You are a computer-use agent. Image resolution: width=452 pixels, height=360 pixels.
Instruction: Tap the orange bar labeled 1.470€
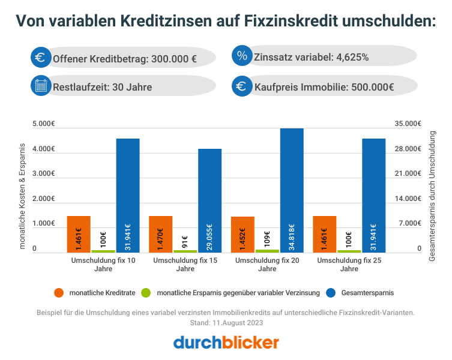pyautogui.click(x=160, y=234)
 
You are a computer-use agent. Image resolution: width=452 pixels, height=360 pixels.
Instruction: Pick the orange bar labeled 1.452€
pyautogui.click(x=243, y=235)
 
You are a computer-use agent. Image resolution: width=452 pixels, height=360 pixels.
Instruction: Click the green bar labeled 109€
pyautogui.click(x=267, y=251)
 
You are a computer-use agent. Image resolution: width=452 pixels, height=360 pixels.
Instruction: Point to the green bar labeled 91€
pyautogui.click(x=185, y=251)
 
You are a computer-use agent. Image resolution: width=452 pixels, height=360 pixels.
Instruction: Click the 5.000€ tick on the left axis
pyautogui.click(x=43, y=124)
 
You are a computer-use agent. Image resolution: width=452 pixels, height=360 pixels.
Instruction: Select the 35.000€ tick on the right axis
pyautogui.click(x=409, y=124)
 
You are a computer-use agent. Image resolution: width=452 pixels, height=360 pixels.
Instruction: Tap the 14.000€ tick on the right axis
pyautogui.click(x=409, y=199)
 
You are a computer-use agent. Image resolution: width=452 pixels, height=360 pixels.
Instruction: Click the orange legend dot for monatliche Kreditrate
pyautogui.click(x=58, y=293)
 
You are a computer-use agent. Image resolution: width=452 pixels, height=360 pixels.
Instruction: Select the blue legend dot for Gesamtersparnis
pyautogui.click(x=331, y=293)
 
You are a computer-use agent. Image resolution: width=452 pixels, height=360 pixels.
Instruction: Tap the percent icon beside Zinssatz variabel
pyautogui.click(x=242, y=56)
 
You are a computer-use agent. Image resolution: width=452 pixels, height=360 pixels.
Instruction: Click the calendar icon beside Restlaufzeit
pyautogui.click(x=41, y=86)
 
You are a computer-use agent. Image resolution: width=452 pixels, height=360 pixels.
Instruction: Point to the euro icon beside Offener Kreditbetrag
pyautogui.click(x=41, y=57)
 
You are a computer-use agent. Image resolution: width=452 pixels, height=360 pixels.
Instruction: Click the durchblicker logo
pyautogui.click(x=226, y=343)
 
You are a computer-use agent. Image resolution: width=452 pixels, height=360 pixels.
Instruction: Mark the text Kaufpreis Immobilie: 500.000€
pyautogui.click(x=324, y=87)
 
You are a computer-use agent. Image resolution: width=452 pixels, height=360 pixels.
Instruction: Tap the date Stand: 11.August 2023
pyautogui.click(x=226, y=323)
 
